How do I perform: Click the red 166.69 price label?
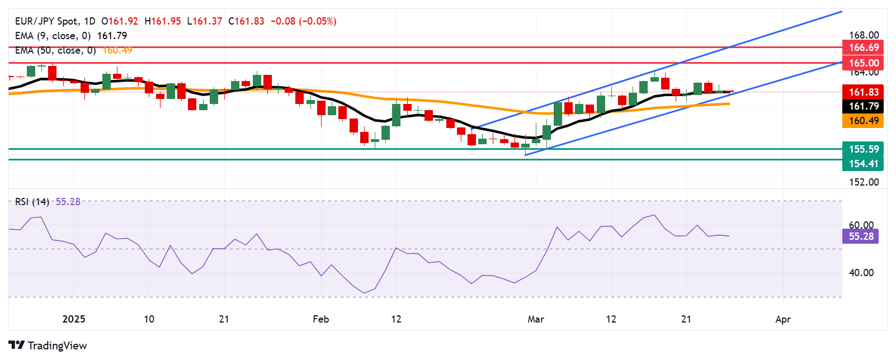coord(864,48)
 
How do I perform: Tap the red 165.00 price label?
coord(864,63)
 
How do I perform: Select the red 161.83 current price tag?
coord(864,92)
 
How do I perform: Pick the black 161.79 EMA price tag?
coord(864,106)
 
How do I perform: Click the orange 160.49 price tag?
coord(864,121)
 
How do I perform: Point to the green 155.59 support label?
coord(864,149)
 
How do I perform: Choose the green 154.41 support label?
coord(864,164)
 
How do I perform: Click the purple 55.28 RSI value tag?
coord(861,236)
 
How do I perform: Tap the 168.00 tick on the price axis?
coord(864,35)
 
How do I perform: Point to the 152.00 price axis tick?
coord(864,182)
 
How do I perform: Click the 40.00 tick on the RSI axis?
coord(861,273)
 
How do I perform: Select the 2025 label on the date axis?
coord(74,319)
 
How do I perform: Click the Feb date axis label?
coord(320,319)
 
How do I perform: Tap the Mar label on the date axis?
coord(536,319)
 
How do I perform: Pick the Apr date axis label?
coord(783,319)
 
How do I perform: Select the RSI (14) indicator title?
coord(32,202)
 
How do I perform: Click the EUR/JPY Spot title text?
coord(47,21)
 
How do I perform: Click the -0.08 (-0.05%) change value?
coord(303,21)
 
